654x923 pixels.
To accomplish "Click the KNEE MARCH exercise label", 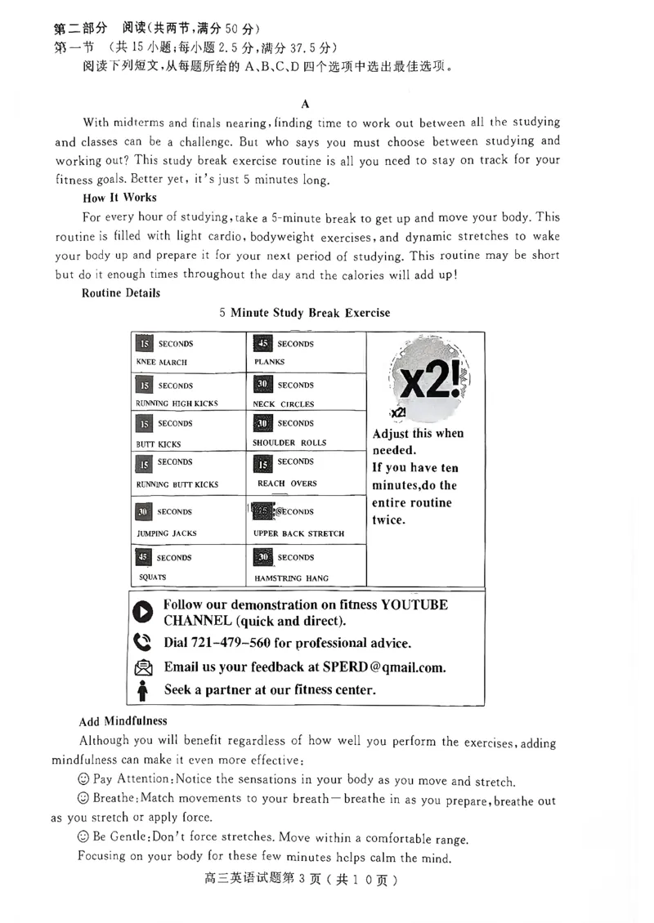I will pyautogui.click(x=161, y=362).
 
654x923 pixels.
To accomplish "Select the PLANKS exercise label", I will pyautogui.click(x=270, y=362).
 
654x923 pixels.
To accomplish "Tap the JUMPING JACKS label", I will pyautogui.click(x=166, y=533).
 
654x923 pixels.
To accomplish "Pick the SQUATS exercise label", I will pyautogui.click(x=153, y=577).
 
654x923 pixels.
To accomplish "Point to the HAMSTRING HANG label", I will pyautogui.click(x=291, y=577).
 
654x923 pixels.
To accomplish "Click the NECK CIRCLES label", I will pyautogui.click(x=283, y=404).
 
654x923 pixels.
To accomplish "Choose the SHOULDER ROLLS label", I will pyautogui.click(x=289, y=443).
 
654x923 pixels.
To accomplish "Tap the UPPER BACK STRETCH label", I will pyautogui.click(x=298, y=533).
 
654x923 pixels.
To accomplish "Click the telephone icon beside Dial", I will pyautogui.click(x=142, y=643).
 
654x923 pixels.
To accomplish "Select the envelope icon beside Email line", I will pyautogui.click(x=143, y=667).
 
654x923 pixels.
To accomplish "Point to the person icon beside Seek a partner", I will pyautogui.click(x=143, y=690).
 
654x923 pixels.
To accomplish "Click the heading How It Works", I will pyautogui.click(x=119, y=198).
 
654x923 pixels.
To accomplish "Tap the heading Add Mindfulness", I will pyautogui.click(x=123, y=721).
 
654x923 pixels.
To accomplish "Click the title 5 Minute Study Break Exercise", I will pyautogui.click(x=305, y=313).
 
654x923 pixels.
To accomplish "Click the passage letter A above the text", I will pyautogui.click(x=305, y=104).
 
